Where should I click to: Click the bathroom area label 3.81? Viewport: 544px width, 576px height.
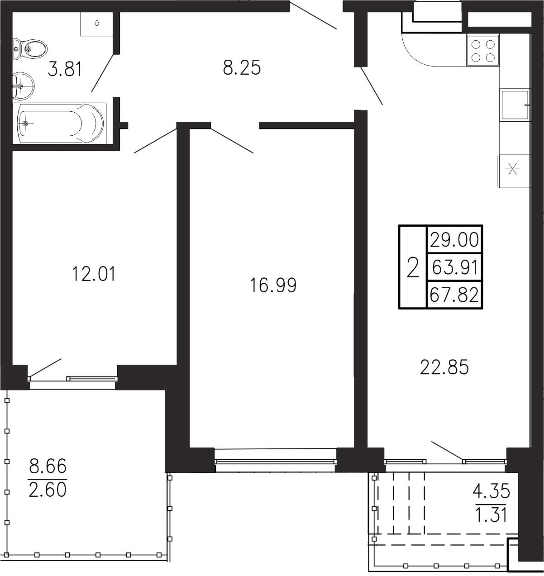tap(65, 69)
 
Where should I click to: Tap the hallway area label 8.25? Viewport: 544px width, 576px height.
tap(242, 68)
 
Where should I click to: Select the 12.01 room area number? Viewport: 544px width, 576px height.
tap(94, 274)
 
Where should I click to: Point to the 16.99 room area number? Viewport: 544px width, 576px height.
tap(273, 285)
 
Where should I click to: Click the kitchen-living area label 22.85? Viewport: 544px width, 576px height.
tap(444, 367)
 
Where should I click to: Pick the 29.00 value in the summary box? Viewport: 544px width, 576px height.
tap(454, 240)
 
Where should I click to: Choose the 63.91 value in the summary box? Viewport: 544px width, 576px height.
tap(454, 267)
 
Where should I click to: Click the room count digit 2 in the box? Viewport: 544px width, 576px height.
tap(413, 267)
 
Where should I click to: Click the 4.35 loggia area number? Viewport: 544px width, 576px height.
tap(491, 491)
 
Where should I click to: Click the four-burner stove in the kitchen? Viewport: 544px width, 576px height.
tap(483, 51)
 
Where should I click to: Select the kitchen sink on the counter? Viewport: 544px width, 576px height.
tap(515, 105)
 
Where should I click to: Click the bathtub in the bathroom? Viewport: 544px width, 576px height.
tap(60, 123)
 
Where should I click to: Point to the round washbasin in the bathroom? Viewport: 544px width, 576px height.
tap(23, 85)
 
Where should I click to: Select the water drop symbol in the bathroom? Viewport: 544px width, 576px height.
tap(97, 23)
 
